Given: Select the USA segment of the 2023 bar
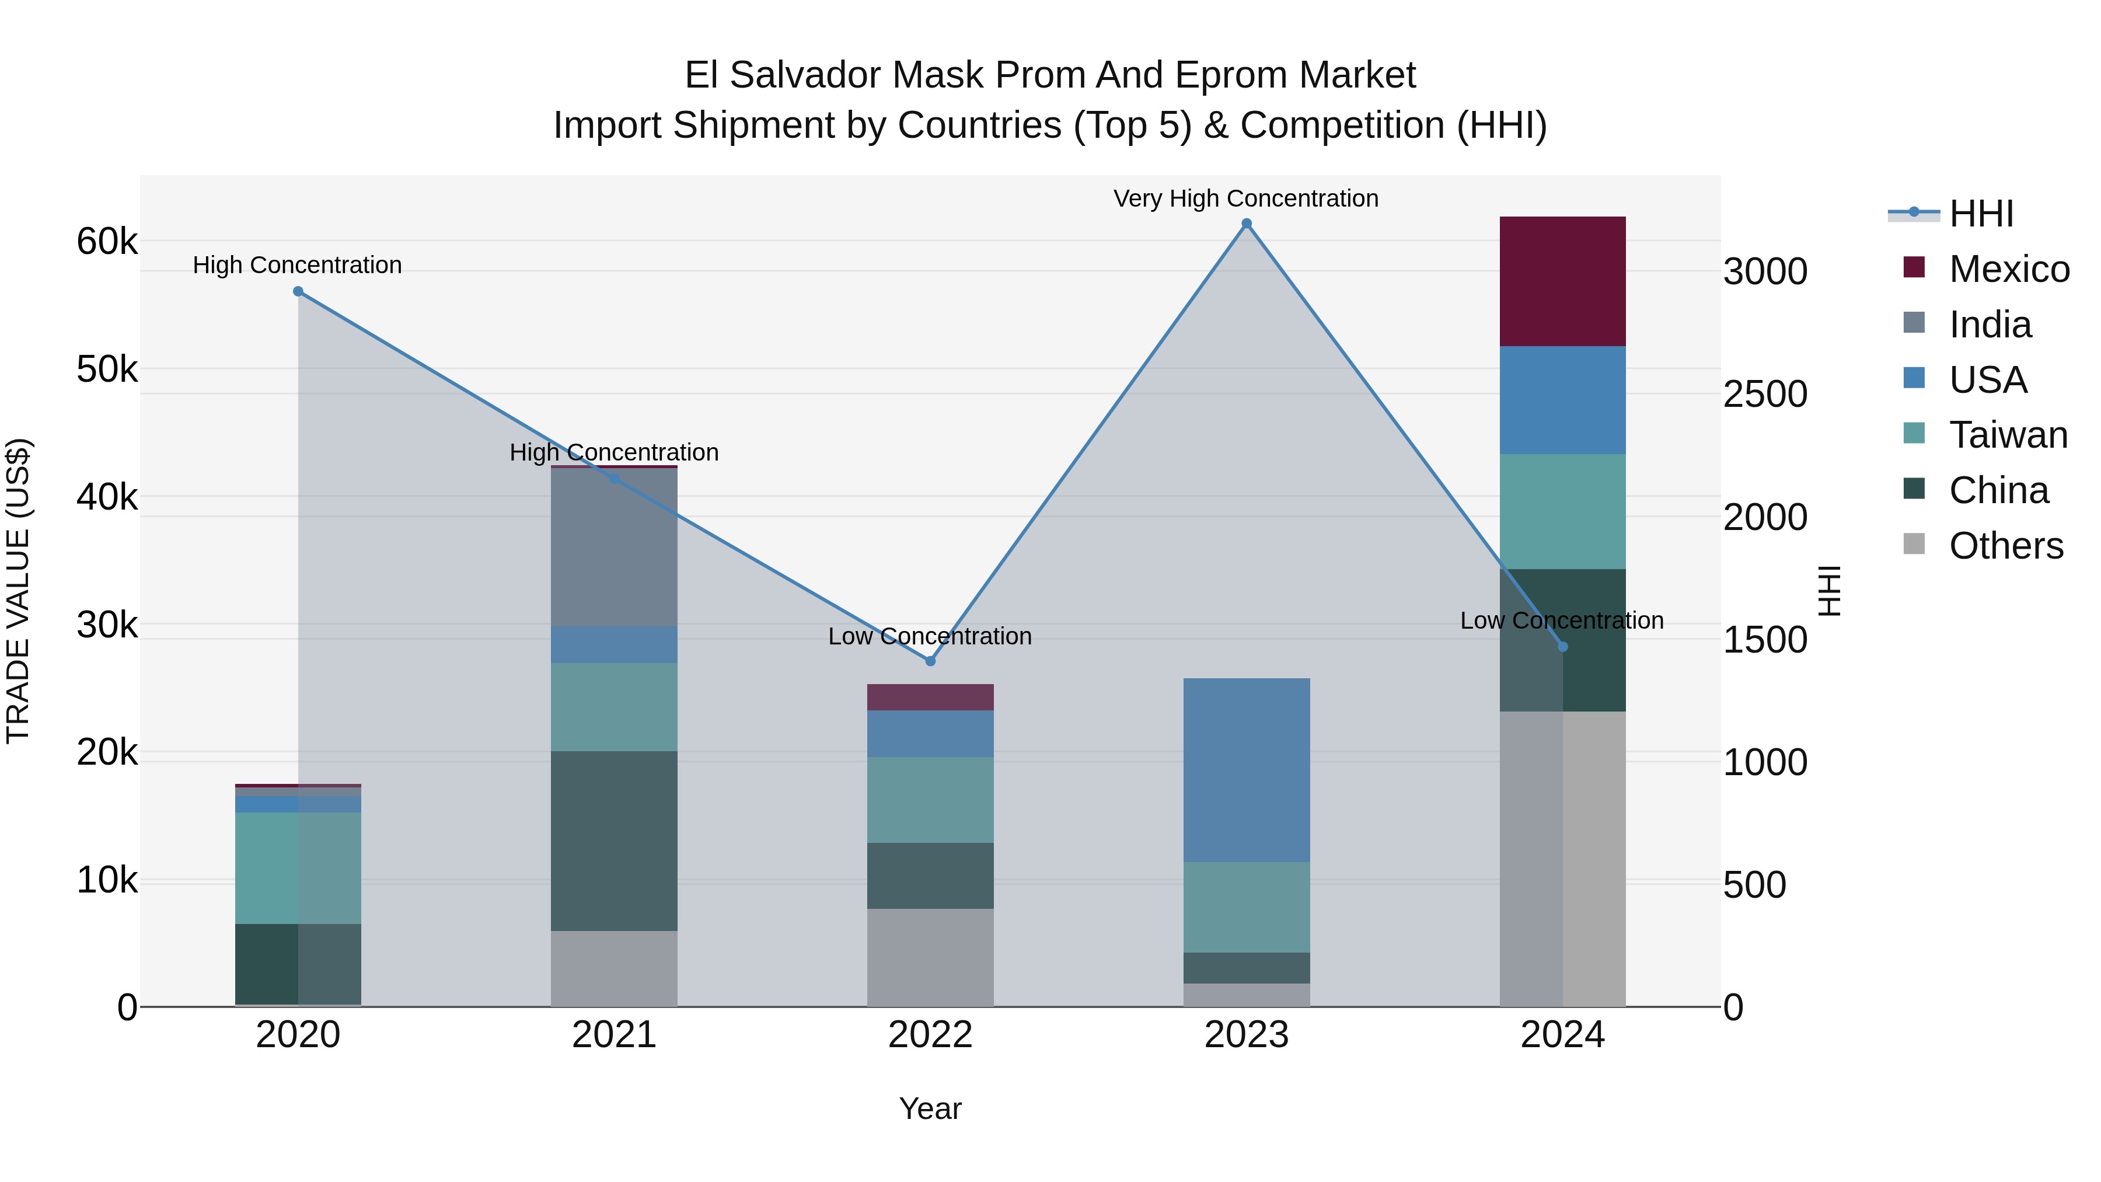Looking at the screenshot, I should point(1245,770).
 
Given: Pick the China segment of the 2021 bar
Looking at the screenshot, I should point(614,840).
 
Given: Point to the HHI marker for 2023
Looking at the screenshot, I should point(1246,224).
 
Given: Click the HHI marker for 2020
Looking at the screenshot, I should point(298,291).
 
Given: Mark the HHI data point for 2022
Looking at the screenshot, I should point(930,661).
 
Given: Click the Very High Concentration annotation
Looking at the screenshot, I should point(1245,199).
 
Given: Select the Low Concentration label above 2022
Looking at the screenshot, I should point(930,636).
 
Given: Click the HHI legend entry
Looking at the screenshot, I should point(1981,214).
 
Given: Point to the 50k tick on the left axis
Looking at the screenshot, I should point(107,369).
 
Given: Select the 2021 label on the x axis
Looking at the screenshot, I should point(614,1035).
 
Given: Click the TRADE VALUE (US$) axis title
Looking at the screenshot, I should point(18,591).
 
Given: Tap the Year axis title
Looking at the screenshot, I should point(930,1108).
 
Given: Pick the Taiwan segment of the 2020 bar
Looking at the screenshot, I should point(298,868).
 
